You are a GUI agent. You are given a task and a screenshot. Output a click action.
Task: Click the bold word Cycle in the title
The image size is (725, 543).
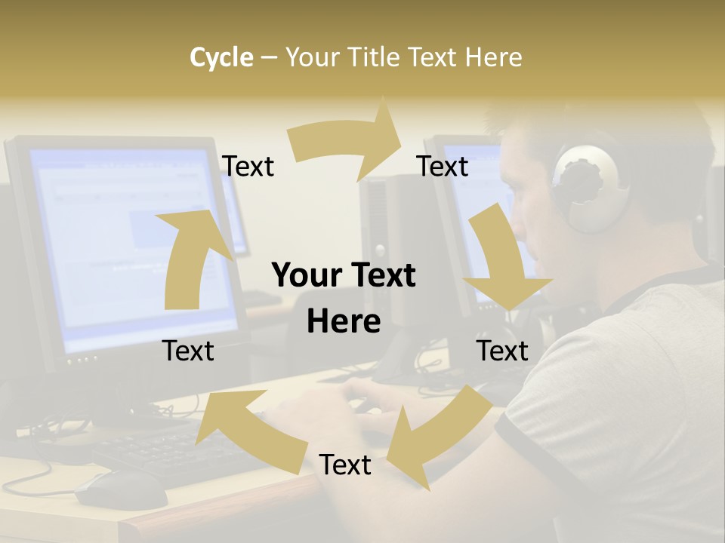tap(221, 57)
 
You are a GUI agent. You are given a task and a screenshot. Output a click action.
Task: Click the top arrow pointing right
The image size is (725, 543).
tap(349, 142)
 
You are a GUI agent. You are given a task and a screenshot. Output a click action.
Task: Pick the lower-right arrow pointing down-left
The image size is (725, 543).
tap(430, 434)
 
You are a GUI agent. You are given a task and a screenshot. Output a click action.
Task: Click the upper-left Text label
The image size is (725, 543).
tap(248, 167)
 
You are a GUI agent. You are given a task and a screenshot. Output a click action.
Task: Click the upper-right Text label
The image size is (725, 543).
tap(443, 167)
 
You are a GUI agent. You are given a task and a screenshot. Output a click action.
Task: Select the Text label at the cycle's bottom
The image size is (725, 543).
tap(345, 465)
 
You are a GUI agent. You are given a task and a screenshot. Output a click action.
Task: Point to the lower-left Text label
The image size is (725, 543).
tap(188, 351)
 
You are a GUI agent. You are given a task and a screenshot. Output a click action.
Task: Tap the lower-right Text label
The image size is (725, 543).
tap(502, 351)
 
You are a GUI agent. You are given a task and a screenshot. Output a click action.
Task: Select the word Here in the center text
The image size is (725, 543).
tap(344, 322)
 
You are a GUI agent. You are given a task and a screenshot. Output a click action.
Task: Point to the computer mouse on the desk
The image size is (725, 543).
tap(121, 490)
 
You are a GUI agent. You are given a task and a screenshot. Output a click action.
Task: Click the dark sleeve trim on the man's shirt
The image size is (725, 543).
tap(521, 452)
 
